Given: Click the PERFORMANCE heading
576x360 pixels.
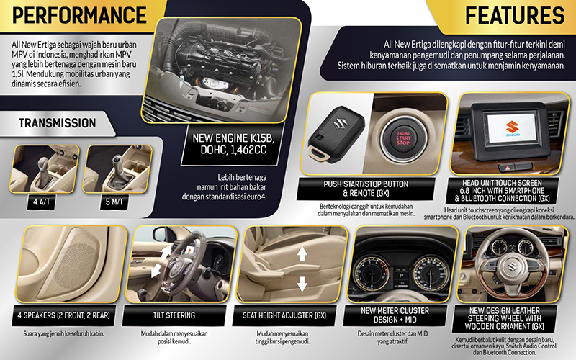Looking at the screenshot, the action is pos(79,15).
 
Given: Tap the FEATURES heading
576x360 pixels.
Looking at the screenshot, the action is pos(515,15).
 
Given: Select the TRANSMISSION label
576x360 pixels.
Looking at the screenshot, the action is pos(58,123).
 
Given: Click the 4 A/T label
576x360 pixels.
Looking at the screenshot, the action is pos(42,202).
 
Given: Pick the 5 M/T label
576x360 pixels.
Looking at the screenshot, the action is pos(114,202).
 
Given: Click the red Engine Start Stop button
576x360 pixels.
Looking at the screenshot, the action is pos(403,138).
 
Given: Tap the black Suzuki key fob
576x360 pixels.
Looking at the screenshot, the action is pos(335,135).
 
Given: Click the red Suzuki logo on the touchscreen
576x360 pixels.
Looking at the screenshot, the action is pos(512,127).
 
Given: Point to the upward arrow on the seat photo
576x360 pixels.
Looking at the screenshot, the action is pos(302,254).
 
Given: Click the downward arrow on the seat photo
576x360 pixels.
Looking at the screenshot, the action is pos(302,284).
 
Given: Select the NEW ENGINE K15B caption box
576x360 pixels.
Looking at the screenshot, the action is pos(233,144).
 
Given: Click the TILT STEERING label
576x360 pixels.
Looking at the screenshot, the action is pos(174,315).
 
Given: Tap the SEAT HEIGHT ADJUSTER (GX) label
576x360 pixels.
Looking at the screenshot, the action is pos(284,315).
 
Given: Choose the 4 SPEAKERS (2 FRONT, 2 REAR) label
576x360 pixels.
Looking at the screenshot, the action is pos(63,315).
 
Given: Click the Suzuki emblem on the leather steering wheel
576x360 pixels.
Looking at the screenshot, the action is pos(513,265).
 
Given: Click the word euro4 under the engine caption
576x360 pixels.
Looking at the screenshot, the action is pos(256,197).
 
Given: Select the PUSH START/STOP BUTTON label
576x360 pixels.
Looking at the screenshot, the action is pos(366,184).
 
